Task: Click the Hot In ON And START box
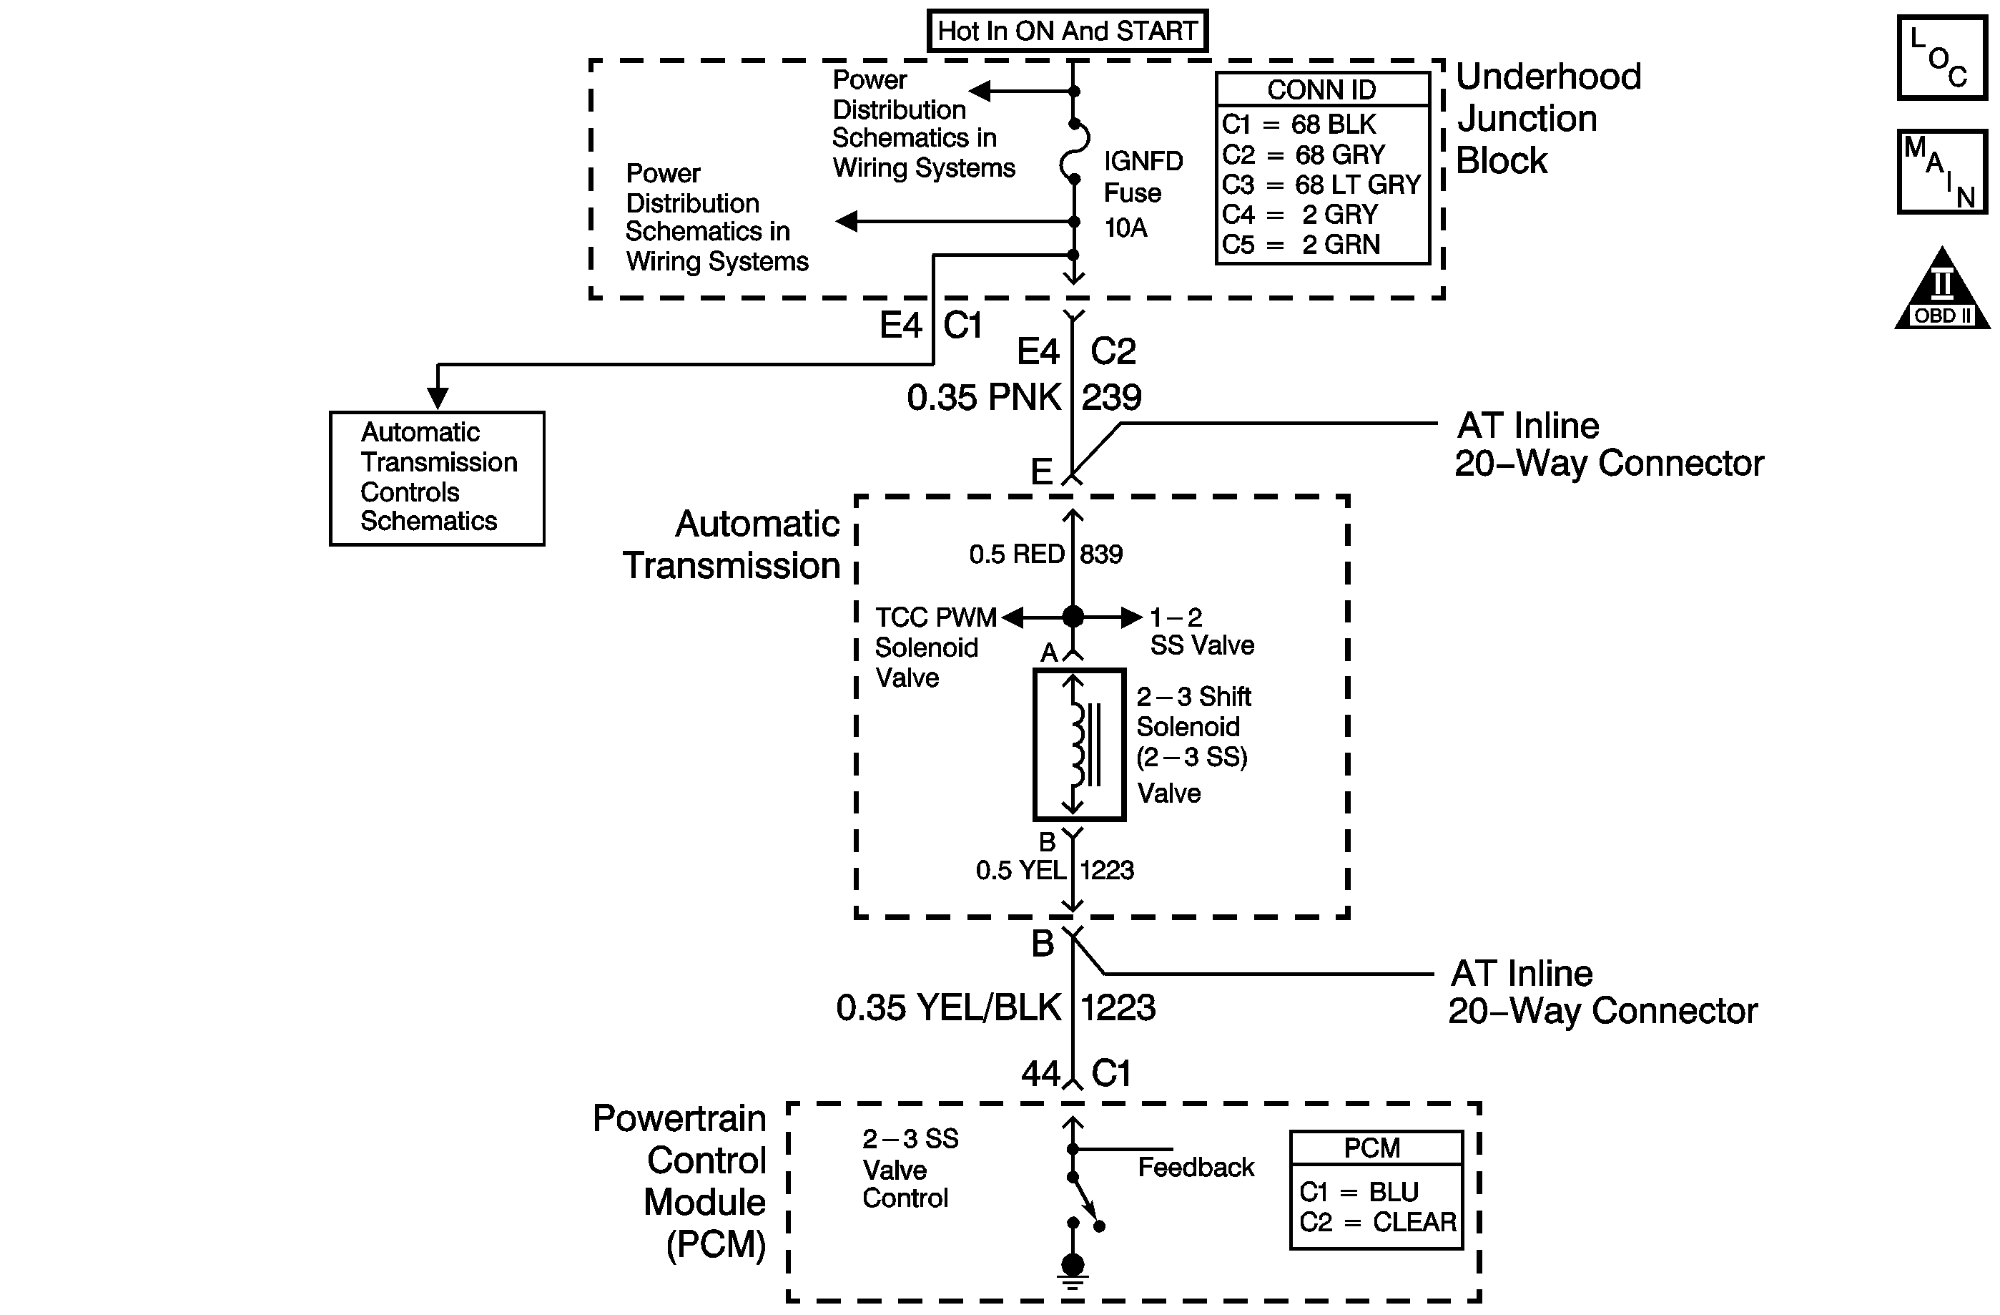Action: (1068, 31)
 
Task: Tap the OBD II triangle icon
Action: (1942, 288)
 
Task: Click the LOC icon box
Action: (1942, 58)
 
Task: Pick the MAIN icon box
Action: (1942, 172)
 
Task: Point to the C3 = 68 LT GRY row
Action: (1321, 184)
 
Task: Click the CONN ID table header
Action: (1322, 89)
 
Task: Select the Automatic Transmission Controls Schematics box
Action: (437, 479)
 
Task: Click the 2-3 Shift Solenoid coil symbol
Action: (1079, 744)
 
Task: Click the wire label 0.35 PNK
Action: (983, 398)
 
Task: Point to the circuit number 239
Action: (1111, 398)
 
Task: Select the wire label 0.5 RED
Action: (1017, 554)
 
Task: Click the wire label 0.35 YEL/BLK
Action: (949, 1007)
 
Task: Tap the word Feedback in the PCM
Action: (1196, 1167)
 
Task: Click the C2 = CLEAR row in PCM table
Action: (1377, 1222)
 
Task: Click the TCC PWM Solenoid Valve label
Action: (935, 647)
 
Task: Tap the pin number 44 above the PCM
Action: (1041, 1074)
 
